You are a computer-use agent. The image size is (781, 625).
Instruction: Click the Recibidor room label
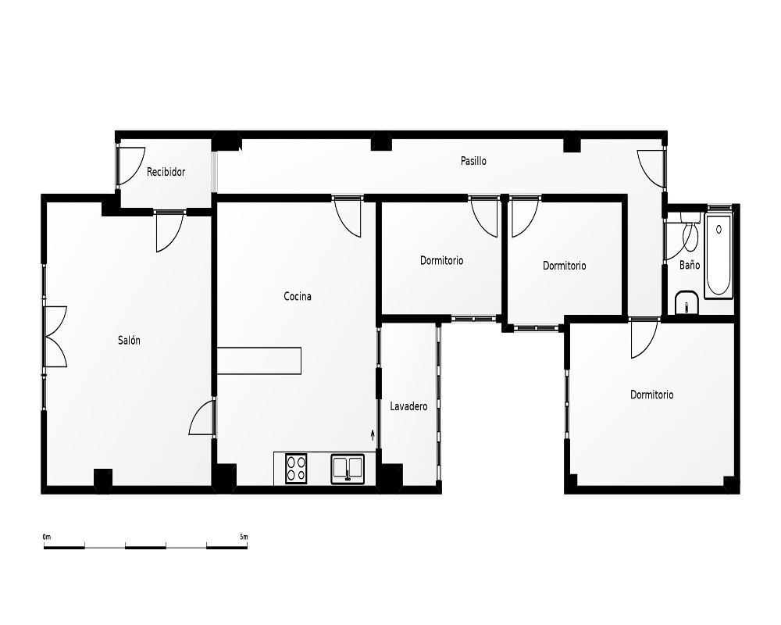click(x=166, y=172)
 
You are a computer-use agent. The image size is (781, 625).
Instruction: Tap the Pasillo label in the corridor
click(x=473, y=161)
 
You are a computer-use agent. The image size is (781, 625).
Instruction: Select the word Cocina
click(x=298, y=297)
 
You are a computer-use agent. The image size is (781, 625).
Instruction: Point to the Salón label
click(x=129, y=341)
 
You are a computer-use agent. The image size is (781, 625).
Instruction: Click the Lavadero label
click(x=408, y=407)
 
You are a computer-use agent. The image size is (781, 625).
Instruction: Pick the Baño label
click(x=690, y=265)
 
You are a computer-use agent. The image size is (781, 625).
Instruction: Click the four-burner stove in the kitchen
click(x=296, y=469)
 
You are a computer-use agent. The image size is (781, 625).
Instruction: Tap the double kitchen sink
click(x=348, y=469)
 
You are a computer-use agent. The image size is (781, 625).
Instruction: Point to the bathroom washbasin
click(x=686, y=302)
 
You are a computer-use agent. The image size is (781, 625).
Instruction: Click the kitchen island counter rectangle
click(x=259, y=361)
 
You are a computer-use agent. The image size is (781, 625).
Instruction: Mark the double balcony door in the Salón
click(x=55, y=337)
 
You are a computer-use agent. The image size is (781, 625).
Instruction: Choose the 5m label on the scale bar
click(x=244, y=537)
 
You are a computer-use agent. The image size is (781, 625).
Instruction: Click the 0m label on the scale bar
click(x=47, y=537)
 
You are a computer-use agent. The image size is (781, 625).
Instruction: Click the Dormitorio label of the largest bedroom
click(x=651, y=395)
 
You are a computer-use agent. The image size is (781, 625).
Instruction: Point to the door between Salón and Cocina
click(x=202, y=418)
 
